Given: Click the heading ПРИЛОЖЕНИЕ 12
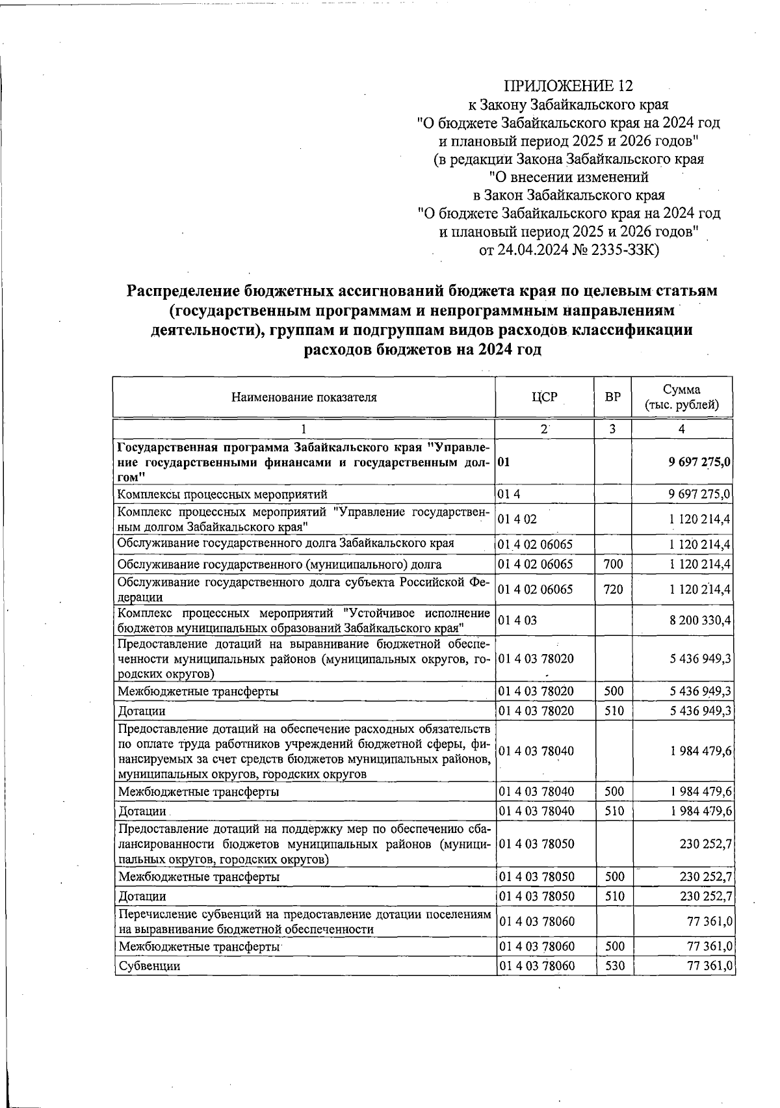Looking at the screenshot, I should click(568, 86).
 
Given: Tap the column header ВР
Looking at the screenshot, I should click(613, 397).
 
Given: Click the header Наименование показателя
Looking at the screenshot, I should click(304, 397).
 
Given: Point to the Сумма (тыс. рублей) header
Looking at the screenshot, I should click(681, 397).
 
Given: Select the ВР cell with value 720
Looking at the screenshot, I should click(613, 590).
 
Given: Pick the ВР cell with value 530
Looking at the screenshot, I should click(613, 966).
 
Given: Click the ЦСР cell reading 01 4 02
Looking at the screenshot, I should click(517, 520).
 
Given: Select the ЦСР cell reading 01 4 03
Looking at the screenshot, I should click(517, 621).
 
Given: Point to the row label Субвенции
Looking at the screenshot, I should click(149, 966).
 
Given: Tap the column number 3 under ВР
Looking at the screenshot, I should click(613, 429).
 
